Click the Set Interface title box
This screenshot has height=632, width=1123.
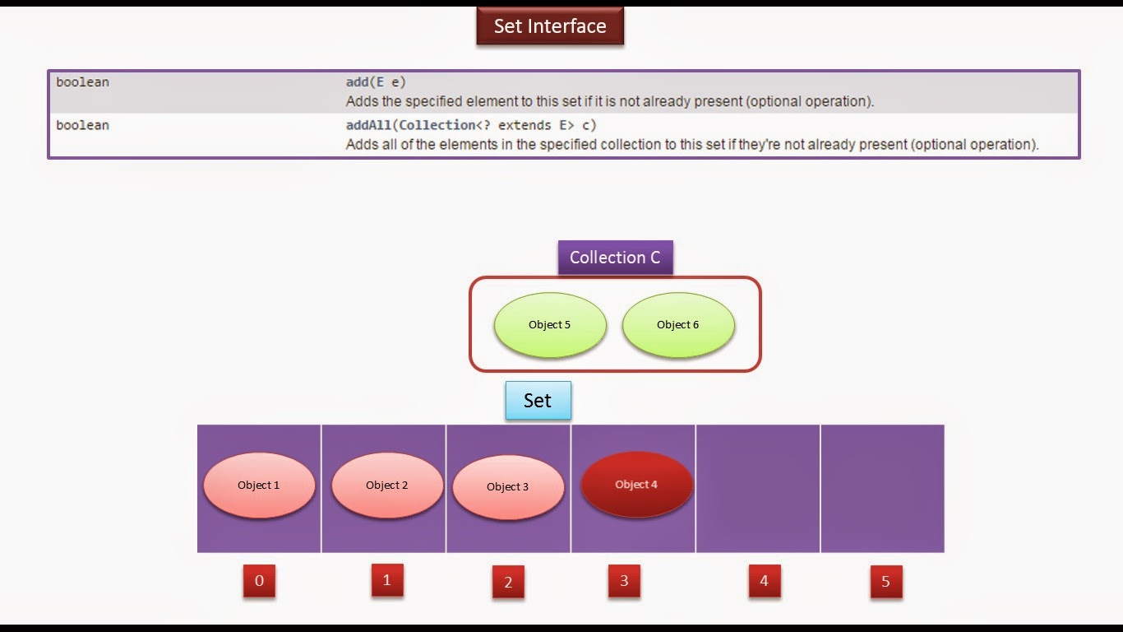coord(550,26)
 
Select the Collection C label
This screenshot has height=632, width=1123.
coord(615,258)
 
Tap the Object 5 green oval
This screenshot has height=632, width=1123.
coord(550,325)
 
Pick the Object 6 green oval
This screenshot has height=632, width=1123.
coord(678,325)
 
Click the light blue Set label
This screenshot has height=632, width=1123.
coord(538,401)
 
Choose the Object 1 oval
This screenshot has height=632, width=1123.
coord(259,486)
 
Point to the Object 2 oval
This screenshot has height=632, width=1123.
coord(387,486)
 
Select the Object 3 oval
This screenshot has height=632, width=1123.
coord(508,487)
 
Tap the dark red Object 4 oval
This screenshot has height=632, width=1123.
coord(637,485)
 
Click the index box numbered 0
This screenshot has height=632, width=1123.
coord(259,581)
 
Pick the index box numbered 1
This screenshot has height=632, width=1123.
coord(387,580)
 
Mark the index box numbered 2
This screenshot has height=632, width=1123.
coord(508,582)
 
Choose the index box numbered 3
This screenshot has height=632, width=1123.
coord(624,581)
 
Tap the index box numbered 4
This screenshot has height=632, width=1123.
coord(764,581)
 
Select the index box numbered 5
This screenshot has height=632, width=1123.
coord(885,582)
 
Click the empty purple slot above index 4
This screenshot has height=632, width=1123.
coord(758,488)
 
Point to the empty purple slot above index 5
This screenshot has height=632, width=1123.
coord(882,488)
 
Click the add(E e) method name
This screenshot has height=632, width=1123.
coord(376,82)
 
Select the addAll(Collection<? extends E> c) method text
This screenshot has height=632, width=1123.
coord(471,125)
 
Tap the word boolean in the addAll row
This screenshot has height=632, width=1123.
coord(82,125)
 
